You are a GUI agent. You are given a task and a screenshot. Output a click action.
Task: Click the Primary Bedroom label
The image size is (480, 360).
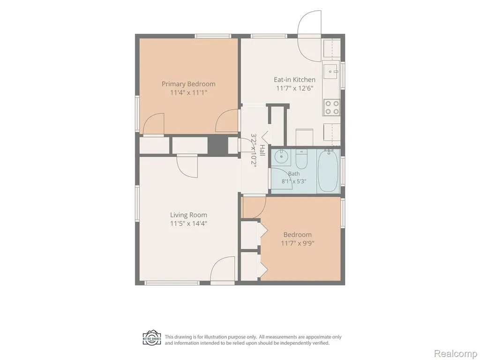pos(188,84)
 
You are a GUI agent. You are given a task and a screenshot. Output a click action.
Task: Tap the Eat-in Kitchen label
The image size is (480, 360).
pos(294,80)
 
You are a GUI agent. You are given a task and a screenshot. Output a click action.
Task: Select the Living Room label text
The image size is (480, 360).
pos(188,215)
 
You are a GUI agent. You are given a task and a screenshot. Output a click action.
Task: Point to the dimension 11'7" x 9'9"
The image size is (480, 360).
pos(298,243)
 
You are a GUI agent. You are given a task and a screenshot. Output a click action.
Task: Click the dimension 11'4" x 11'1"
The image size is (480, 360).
pos(188,92)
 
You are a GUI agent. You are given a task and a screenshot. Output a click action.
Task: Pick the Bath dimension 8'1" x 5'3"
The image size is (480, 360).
pos(293,181)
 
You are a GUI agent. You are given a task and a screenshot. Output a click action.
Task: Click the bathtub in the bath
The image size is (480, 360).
pos(328,171)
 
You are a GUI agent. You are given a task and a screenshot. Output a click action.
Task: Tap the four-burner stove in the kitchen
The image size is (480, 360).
pos(331,107)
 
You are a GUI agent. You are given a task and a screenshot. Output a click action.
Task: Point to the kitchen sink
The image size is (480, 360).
pos(330,72)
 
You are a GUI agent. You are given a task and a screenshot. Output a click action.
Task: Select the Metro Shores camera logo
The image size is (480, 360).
pos(152,338)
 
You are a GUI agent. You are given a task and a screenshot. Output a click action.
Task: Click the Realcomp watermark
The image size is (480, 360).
pos(455,353)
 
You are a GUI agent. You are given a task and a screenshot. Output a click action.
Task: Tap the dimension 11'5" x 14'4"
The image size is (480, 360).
pos(188,224)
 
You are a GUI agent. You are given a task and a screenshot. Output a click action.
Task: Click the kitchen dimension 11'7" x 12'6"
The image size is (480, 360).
pos(294,89)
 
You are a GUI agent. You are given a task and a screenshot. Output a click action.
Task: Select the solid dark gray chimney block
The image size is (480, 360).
pos(218,145)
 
